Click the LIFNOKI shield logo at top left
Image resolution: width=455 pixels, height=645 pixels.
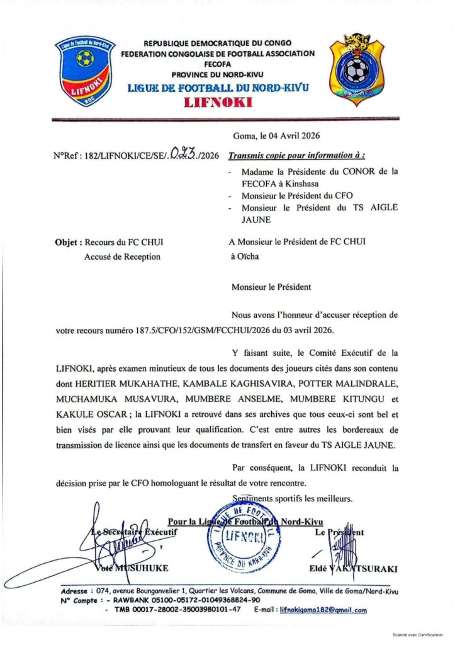tap(85, 71)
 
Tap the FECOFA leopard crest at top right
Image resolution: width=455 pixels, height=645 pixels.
tap(357, 69)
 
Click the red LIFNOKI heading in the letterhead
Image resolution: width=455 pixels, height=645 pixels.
tap(218, 103)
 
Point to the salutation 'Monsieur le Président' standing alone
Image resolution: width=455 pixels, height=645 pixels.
tap(271, 287)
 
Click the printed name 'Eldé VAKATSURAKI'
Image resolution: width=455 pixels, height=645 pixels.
tap(354, 569)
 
